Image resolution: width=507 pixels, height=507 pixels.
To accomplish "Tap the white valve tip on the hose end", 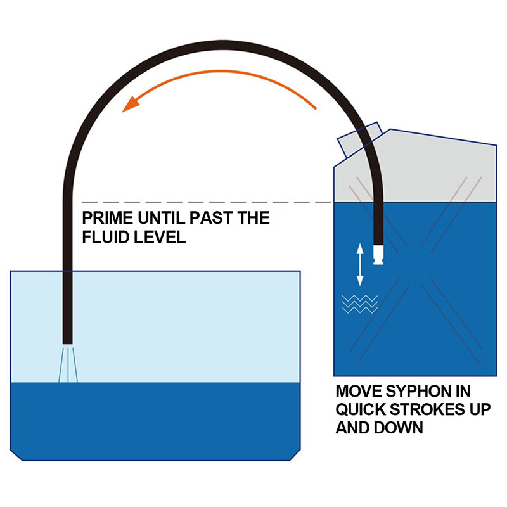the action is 378,255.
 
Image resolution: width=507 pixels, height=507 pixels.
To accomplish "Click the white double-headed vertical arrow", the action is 360,265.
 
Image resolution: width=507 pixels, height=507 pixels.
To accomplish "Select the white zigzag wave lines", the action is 360,304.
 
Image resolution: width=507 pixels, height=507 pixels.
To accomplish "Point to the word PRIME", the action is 107,217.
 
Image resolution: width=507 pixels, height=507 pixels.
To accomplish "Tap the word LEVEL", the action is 160,237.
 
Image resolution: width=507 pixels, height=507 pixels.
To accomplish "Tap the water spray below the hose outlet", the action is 68,365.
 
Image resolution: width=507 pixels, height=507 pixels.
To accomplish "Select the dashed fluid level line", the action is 207,202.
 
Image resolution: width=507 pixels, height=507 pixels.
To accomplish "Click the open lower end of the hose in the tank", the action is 67,343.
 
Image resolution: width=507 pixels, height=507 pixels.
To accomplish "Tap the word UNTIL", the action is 161,217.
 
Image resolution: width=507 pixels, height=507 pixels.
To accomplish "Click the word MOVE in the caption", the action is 359,391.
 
